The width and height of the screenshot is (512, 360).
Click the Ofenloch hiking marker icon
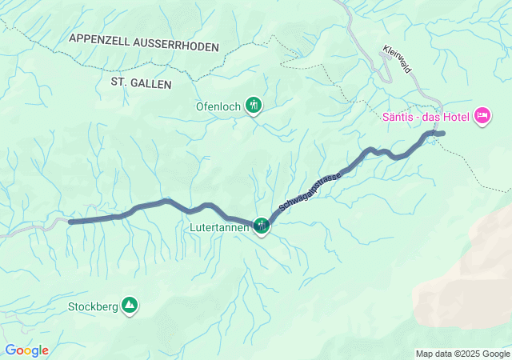(254, 105)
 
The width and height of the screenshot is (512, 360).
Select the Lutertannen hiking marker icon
(262, 226)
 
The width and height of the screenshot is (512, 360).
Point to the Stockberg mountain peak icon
(130, 305)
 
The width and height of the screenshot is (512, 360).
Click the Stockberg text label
(93, 306)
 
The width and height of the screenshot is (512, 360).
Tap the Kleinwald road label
(397, 58)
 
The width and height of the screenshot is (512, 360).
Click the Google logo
(26, 350)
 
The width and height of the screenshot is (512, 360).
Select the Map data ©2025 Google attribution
(462, 354)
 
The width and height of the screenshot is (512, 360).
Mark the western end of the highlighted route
(71, 222)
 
